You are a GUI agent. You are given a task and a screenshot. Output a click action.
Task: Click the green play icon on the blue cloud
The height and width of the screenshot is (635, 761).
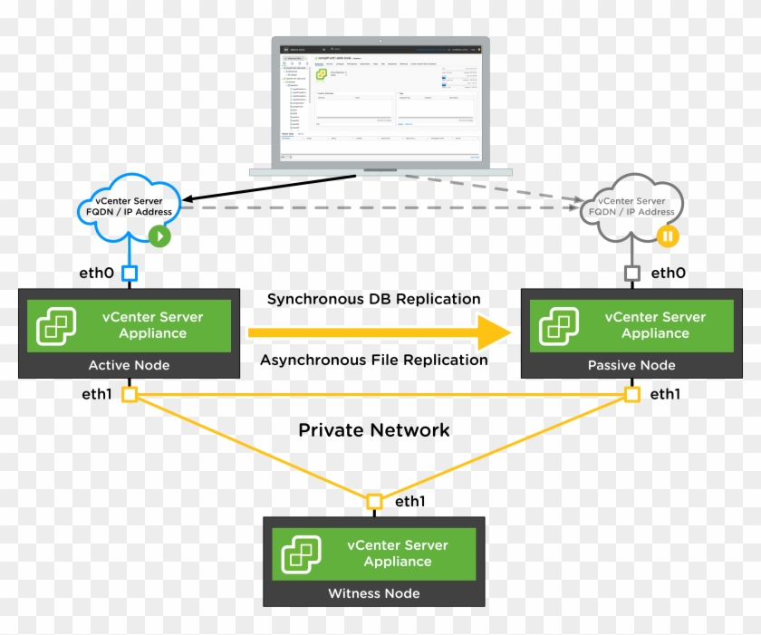coord(159,237)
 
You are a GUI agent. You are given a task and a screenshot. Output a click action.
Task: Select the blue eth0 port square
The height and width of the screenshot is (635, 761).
coord(130,272)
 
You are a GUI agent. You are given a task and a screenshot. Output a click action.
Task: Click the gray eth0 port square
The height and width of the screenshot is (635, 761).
coord(632,272)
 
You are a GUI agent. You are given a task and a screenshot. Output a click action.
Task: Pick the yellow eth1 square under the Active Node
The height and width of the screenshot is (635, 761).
coord(130,395)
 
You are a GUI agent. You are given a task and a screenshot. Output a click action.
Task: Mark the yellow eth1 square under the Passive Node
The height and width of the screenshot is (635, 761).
coord(632,395)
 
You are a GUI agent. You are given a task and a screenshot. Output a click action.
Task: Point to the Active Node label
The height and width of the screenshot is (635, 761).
coord(129,365)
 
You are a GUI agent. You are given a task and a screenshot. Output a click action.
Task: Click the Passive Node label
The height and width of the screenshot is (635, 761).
coord(631,365)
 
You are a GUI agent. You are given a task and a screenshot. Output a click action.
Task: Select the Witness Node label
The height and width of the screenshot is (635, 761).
coord(373,593)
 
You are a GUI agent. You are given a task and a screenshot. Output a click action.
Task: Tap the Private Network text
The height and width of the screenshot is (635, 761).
coord(373,430)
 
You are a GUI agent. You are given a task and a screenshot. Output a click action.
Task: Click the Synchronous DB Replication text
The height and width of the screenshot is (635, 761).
coord(373,299)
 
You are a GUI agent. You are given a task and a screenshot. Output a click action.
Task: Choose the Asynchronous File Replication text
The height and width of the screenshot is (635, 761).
coord(373,360)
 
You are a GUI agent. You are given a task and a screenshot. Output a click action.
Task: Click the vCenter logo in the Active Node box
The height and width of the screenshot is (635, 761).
coord(56,326)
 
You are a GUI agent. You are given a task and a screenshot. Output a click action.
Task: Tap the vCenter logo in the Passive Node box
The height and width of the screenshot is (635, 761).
coord(559,326)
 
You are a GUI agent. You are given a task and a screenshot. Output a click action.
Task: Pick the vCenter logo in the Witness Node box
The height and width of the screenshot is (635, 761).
coord(301,553)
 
